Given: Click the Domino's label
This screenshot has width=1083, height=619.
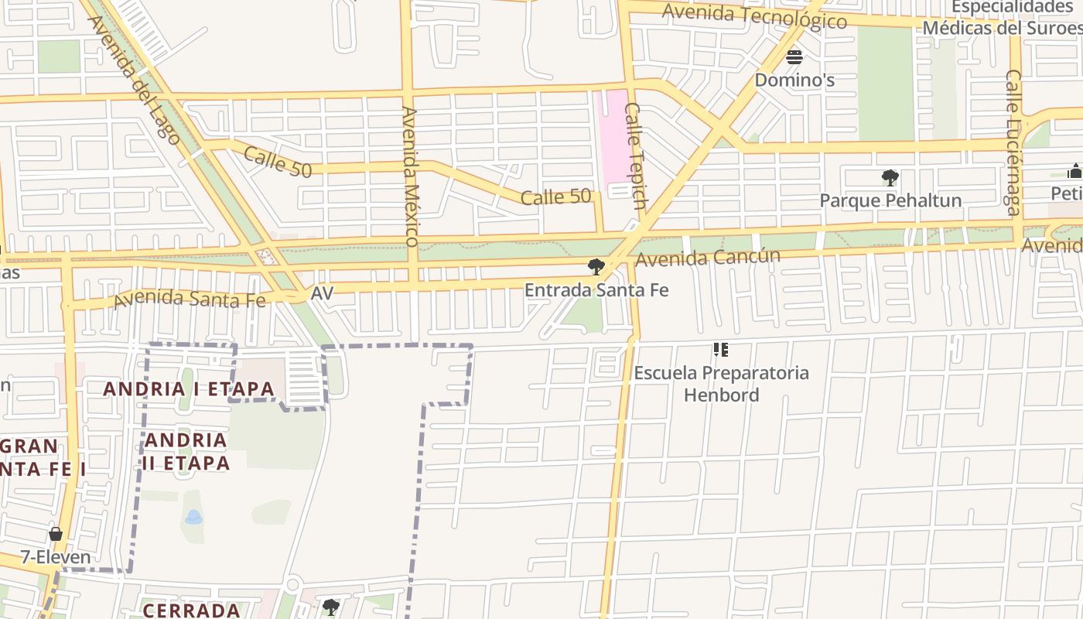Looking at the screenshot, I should click(x=794, y=80).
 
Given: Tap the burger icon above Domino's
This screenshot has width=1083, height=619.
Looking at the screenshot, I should click(x=794, y=56).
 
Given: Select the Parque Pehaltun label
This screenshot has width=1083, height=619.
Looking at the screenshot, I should click(x=890, y=200).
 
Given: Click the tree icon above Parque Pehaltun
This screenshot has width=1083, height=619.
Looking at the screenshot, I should click(x=890, y=178).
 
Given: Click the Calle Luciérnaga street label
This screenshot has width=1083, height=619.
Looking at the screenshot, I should click(x=1013, y=142).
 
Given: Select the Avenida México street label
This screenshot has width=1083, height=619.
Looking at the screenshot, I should click(x=410, y=176).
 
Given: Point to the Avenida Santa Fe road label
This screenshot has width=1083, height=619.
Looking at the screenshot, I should click(x=189, y=298).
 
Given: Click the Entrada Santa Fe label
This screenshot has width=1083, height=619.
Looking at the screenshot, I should click(x=596, y=290).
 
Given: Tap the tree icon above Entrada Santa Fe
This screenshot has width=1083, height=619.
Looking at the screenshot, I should click(x=596, y=267).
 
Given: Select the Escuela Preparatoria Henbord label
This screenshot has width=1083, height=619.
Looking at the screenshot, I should click(x=721, y=384).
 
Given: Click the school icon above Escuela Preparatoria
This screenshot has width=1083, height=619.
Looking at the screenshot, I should click(x=721, y=351).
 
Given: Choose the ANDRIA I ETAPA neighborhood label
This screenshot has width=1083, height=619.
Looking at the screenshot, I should click(x=189, y=388).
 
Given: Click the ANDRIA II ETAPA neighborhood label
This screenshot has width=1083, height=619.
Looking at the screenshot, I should click(x=186, y=452).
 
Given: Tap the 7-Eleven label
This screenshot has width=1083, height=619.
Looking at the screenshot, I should click(x=56, y=557).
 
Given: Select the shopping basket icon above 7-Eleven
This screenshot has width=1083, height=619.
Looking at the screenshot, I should click(x=56, y=534).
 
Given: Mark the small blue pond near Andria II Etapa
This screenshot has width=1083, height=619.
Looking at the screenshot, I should click(x=193, y=517).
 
